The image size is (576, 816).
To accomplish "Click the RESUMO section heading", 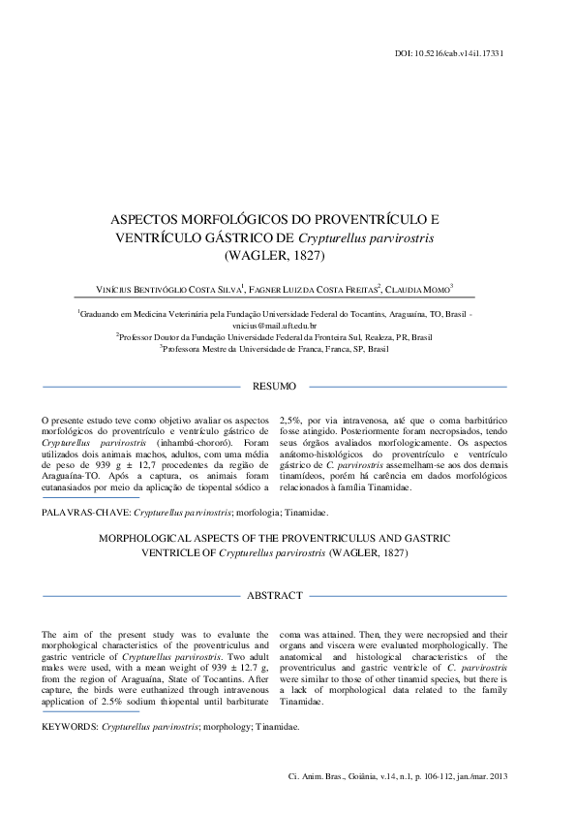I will coord(274,387).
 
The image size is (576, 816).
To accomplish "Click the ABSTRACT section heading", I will coord(274,595).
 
